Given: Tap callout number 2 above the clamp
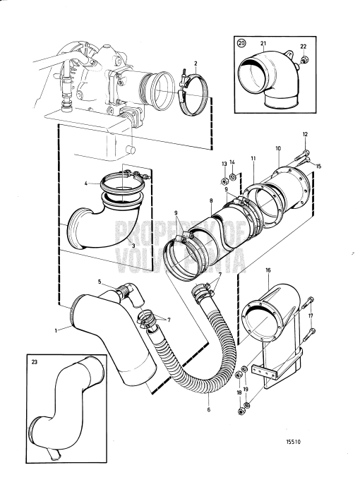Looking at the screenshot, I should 195,64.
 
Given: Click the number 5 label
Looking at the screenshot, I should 100,282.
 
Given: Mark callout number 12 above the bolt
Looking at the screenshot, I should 305,134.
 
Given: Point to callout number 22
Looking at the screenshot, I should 304,46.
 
